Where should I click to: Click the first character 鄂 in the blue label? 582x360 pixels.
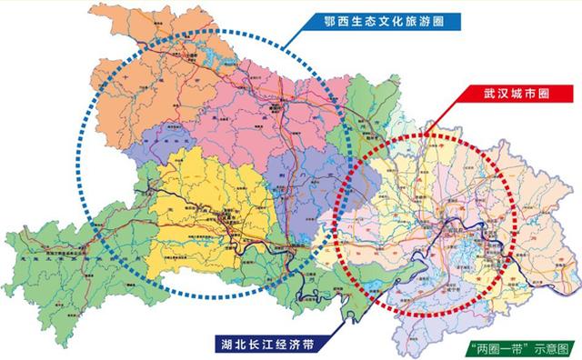(x=317, y=20)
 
